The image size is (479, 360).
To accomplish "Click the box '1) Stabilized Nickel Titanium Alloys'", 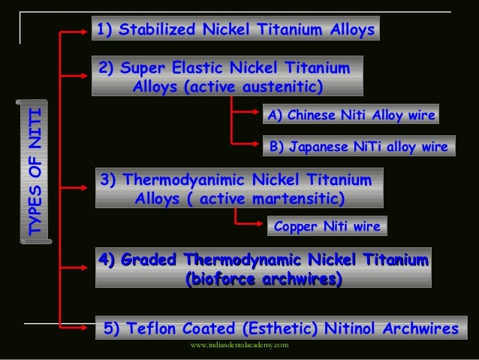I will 235,30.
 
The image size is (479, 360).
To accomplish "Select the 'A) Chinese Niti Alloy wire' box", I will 349,115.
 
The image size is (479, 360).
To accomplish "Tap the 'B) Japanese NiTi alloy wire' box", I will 357,146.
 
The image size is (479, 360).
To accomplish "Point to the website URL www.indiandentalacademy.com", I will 239,345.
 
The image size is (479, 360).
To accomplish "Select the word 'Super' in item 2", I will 142,68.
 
